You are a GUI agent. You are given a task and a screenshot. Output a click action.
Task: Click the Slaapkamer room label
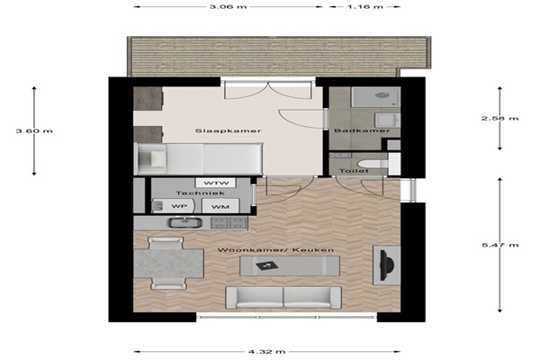pos(228,130)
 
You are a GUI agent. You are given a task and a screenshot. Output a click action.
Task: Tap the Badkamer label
pos(363,130)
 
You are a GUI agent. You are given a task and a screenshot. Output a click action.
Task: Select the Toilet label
pos(354,171)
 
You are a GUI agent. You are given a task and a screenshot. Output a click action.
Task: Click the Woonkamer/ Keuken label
pos(275,250)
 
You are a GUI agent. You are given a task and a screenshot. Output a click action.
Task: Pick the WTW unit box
pos(216,183)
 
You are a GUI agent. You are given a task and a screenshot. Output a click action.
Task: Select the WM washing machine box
pos(220,206)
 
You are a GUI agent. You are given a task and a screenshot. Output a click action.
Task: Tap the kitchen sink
pos(184,222)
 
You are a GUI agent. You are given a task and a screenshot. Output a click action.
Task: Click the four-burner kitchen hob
pos(229,223)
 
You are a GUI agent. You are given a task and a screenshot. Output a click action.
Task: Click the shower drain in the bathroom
pos(382,95)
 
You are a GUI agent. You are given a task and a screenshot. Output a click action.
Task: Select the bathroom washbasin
pos(387,121)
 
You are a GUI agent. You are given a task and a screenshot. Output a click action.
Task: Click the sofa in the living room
pos(283,297)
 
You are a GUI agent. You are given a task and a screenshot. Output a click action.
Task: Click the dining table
pos(168,263)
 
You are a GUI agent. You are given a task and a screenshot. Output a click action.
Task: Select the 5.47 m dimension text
pos(499,246)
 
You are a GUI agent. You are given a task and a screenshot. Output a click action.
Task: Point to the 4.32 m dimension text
pos(267,352)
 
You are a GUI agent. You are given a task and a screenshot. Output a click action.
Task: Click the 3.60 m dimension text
pos(34,130)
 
